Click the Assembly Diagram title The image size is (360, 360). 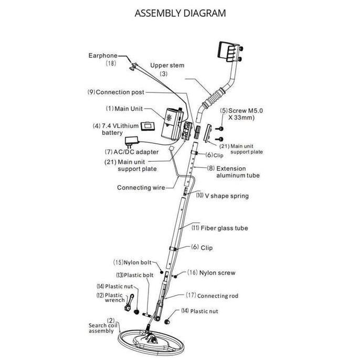[x=180, y=13]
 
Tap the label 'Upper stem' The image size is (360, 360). [x=167, y=65]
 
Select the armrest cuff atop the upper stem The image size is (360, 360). [x=230, y=51]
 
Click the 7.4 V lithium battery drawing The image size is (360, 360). [x=147, y=126]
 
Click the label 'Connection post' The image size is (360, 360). [x=120, y=92]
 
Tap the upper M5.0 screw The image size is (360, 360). [x=220, y=129]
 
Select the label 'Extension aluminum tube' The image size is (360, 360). [x=238, y=172]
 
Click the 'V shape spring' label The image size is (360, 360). [x=227, y=196]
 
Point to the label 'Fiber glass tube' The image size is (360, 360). [x=224, y=228]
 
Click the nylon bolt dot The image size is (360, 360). [x=162, y=272]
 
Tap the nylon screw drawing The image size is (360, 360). [x=175, y=276]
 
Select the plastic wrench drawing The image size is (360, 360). [x=129, y=302]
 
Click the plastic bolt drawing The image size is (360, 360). [x=147, y=315]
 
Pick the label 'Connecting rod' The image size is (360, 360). [x=218, y=296]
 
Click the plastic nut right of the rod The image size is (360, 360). [x=167, y=321]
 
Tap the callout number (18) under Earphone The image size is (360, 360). [x=111, y=63]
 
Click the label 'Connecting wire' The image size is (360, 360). [x=141, y=187]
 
